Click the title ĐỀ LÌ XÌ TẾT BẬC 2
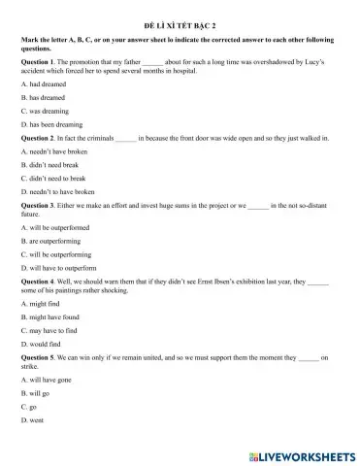(x=180, y=18)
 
